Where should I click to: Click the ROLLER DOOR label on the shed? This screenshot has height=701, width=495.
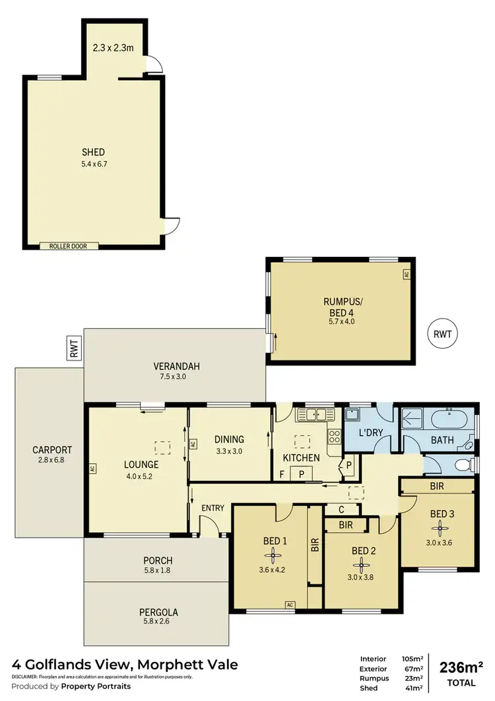tap(73, 246)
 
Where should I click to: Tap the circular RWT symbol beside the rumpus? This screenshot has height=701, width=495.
tap(442, 334)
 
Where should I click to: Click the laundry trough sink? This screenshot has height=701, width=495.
tap(352, 416)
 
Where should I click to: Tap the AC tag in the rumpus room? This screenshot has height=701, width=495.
tap(407, 274)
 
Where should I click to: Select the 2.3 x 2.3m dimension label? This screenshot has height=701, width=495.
tap(114, 48)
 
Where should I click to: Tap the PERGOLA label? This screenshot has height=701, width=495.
tap(158, 612)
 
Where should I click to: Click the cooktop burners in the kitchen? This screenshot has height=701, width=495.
tap(334, 436)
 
